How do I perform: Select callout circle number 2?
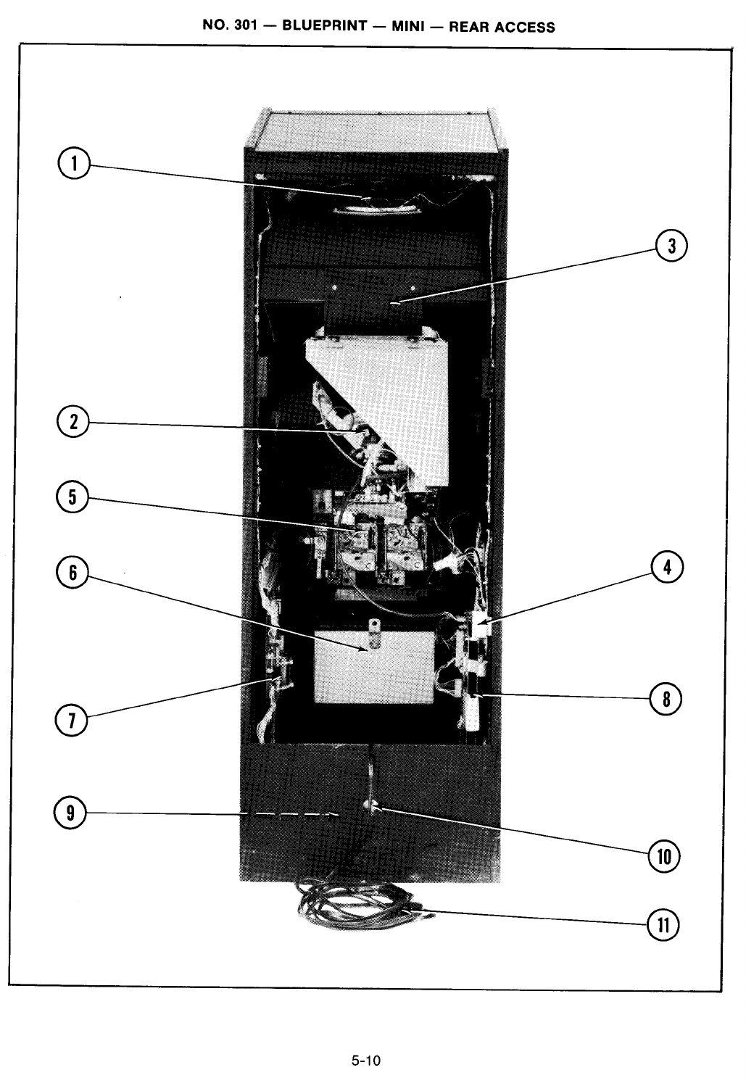[72, 423]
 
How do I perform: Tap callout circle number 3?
[672, 246]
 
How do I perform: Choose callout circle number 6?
[72, 573]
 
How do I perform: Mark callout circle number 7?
[72, 721]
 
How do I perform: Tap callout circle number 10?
[665, 858]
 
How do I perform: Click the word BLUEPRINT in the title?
[324, 27]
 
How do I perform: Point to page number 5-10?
[366, 1061]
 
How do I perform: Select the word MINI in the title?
[407, 28]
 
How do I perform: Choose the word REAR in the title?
[469, 28]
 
